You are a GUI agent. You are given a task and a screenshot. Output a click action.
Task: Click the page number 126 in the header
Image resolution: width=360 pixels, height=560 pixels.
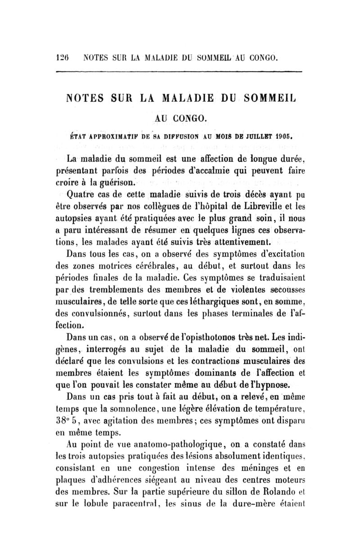pos(62,58)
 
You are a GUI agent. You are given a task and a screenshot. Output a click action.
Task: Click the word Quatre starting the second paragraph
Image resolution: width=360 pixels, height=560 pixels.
pos(81,195)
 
